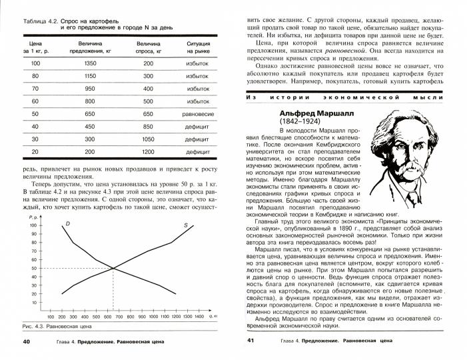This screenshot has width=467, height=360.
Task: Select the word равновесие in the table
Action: coord(198,114)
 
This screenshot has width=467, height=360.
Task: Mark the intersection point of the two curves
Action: coord(113,269)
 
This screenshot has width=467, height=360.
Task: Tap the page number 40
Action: coord(27,342)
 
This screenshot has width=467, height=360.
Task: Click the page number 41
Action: coord(250,342)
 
